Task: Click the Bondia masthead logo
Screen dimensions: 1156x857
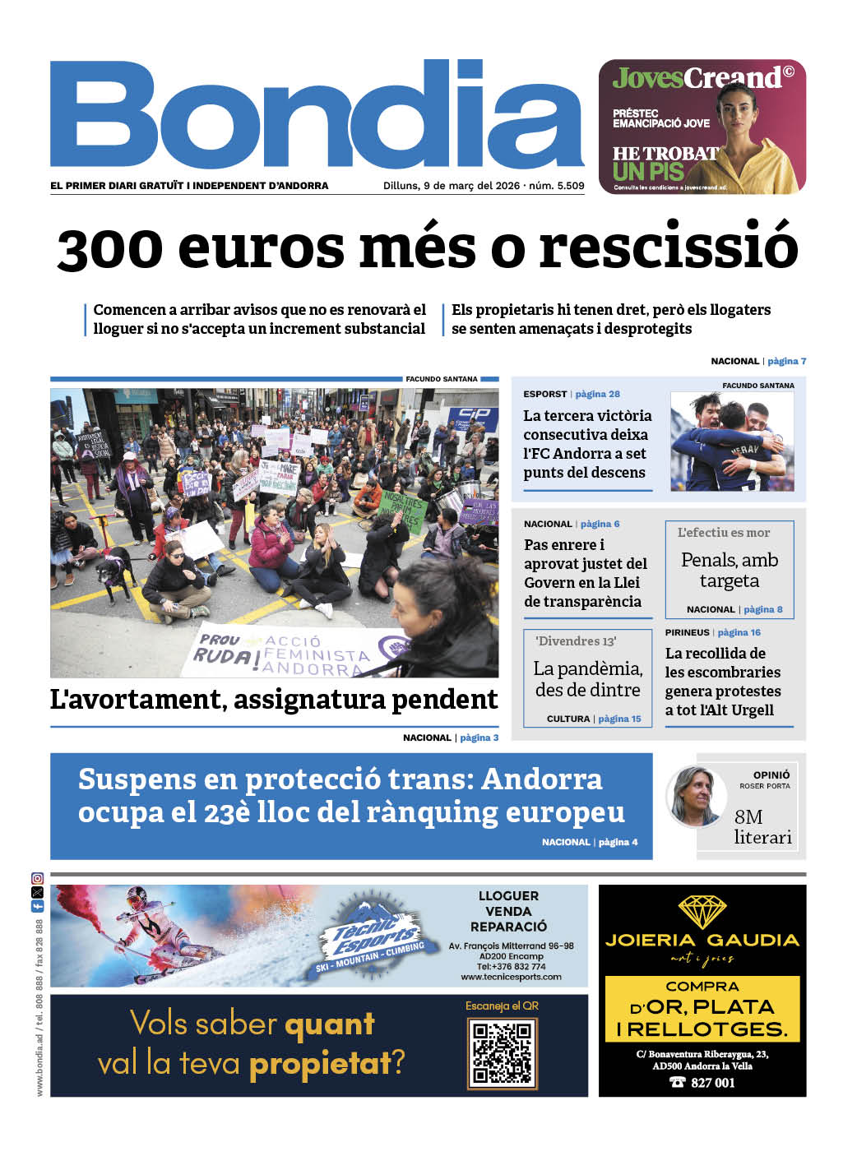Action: point(317,115)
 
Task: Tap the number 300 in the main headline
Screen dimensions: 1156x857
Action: point(110,247)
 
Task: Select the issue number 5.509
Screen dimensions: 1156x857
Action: point(570,186)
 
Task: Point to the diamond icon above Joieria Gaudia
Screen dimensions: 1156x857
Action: point(702,911)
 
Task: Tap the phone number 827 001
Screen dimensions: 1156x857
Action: point(712,1083)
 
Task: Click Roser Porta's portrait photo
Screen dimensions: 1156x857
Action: point(695,795)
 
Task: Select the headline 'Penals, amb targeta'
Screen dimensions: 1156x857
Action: point(730,570)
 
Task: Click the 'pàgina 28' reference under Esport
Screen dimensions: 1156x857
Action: point(597,394)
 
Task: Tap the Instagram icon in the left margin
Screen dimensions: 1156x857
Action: point(37,878)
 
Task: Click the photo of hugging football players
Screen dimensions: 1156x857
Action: point(732,442)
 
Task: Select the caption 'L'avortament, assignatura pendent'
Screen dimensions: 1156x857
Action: point(274,700)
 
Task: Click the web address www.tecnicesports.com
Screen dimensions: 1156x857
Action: point(511,977)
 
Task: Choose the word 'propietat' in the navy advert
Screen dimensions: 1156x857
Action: point(320,1063)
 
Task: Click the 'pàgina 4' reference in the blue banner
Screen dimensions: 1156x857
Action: point(618,842)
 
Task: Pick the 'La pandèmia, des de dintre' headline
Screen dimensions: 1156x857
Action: point(587,679)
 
